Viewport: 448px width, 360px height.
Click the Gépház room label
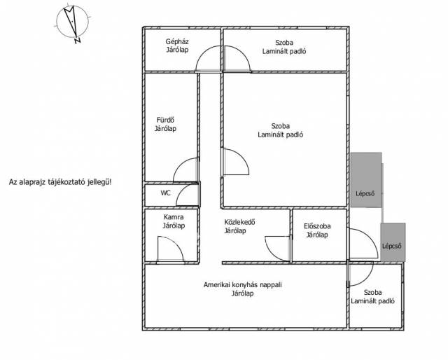tap(177, 46)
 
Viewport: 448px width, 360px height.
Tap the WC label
tap(165, 193)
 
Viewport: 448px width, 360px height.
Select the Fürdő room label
tap(165, 125)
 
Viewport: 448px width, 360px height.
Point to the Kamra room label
tap(174, 221)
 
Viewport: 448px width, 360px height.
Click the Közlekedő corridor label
tap(239, 226)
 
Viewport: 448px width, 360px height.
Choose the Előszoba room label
tap(317, 230)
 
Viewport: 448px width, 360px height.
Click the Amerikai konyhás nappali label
tap(243, 289)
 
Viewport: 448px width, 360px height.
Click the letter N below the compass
tap(78, 41)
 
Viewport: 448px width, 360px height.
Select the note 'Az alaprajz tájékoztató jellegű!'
tap(60, 182)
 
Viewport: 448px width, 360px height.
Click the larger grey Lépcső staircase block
tap(366, 179)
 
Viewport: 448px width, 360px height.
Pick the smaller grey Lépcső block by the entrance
tap(393, 242)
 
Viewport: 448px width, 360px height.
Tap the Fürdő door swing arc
tap(180, 165)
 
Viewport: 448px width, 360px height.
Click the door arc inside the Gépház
tap(202, 53)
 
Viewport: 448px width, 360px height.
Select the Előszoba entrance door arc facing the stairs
tap(370, 238)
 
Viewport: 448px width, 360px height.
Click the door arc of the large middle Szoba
tap(241, 156)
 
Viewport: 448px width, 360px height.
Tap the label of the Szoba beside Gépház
tap(284, 47)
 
